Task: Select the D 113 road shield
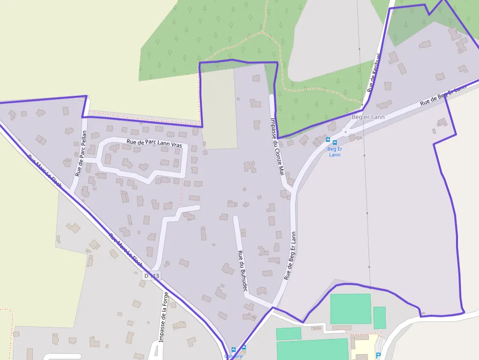click(152, 276)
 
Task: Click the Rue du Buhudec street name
click(242, 271)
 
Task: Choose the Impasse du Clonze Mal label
click(277, 146)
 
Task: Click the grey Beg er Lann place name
click(368, 117)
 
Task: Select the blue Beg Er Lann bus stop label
click(334, 151)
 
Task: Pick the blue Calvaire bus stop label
click(233, 356)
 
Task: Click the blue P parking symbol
click(378, 356)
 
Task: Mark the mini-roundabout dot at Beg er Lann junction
click(346, 132)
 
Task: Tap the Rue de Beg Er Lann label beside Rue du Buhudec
click(290, 255)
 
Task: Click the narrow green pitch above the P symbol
click(379, 318)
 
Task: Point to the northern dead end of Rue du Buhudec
click(236, 218)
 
